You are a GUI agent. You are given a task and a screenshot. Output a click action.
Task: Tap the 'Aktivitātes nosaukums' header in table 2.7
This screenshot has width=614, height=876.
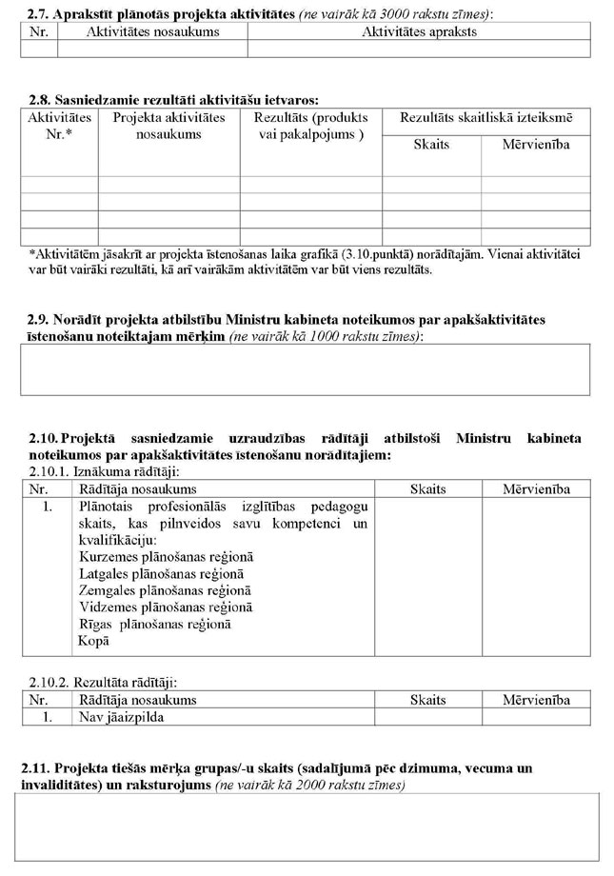(x=152, y=31)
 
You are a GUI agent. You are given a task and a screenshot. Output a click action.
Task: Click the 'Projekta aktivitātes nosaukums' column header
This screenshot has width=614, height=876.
(x=168, y=126)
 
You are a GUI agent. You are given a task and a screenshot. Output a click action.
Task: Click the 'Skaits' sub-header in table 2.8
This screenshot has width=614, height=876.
(x=431, y=145)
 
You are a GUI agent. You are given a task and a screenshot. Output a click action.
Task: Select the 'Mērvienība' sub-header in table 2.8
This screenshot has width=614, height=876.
(x=536, y=145)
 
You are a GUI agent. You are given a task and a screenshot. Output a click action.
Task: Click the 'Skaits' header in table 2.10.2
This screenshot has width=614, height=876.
(x=427, y=700)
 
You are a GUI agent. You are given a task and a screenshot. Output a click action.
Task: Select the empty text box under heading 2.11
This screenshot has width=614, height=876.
(x=307, y=826)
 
